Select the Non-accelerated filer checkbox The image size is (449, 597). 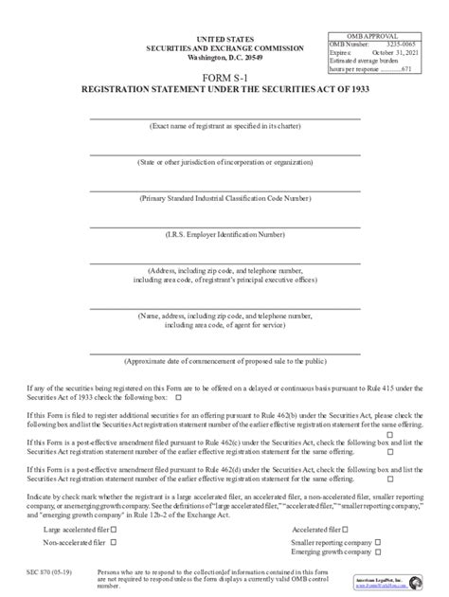pyautogui.click(x=113, y=542)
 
